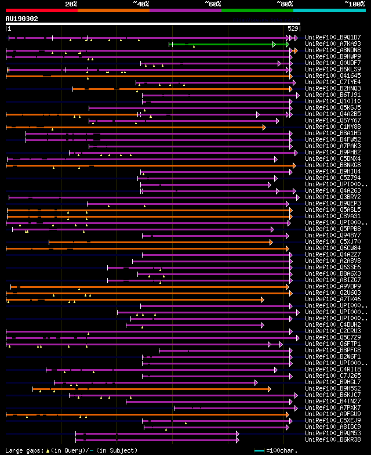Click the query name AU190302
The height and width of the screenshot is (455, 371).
click(22, 19)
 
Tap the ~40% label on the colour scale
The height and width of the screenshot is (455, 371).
click(141, 4)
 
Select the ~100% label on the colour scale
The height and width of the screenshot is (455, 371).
click(354, 4)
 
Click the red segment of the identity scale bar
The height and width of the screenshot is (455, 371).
click(41, 10)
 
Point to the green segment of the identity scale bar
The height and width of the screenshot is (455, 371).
click(257, 10)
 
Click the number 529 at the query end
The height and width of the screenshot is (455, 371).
click(293, 28)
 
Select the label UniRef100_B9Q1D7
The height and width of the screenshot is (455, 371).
click(325, 37)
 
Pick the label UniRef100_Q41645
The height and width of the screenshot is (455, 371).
click(325, 75)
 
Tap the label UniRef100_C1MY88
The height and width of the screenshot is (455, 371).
click(325, 127)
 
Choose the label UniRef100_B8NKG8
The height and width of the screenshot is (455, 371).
click(325, 165)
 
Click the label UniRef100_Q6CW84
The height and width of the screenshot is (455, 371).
click(325, 248)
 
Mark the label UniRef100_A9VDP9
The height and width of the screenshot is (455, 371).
click(325, 286)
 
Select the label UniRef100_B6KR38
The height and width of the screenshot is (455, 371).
click(325, 439)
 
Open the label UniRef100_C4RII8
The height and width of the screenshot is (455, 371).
click(325, 369)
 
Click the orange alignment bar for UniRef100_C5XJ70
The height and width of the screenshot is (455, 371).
click(168, 242)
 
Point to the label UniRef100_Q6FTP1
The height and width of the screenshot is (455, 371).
click(325, 344)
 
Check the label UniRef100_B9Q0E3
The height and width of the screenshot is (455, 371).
click(325, 203)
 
